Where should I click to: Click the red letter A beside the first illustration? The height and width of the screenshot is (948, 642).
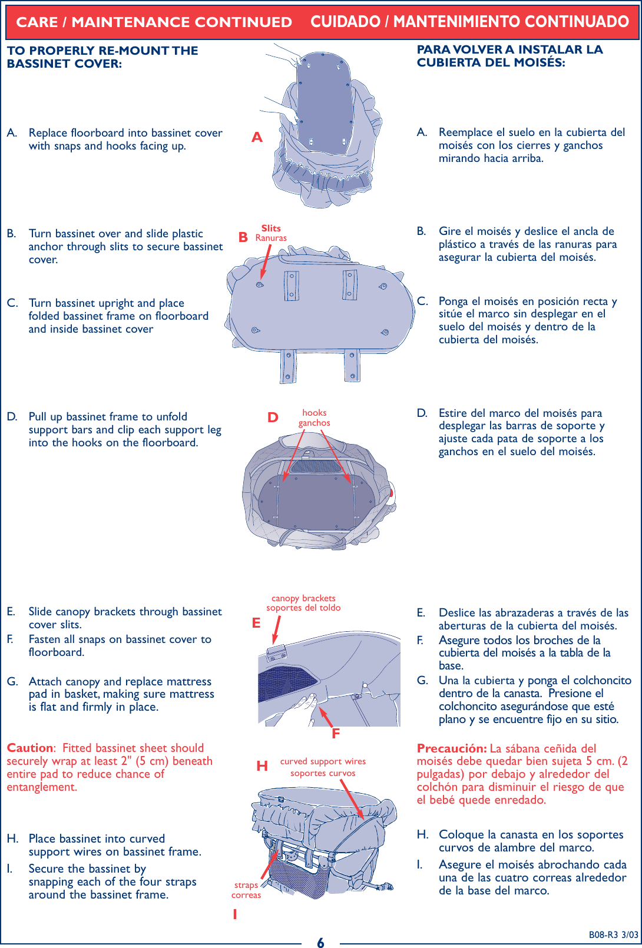click(x=257, y=137)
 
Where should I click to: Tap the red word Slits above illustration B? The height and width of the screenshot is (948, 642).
click(x=271, y=228)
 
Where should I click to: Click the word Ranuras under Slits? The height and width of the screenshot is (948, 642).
click(x=271, y=238)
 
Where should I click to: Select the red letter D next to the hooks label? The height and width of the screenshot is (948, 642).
click(x=273, y=417)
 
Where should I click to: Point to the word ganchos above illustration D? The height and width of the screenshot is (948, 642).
click(x=314, y=423)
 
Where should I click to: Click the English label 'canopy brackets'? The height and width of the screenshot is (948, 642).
click(x=303, y=598)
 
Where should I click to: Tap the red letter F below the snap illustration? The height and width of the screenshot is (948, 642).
click(x=336, y=734)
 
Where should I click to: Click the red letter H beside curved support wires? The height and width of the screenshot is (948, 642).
click(x=262, y=766)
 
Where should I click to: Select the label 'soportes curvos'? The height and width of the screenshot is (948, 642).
click(x=323, y=773)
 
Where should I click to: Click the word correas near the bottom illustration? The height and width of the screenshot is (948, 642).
click(x=246, y=895)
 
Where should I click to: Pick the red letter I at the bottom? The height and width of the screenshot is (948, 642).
click(x=235, y=914)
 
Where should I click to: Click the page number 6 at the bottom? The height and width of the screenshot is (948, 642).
click(x=320, y=943)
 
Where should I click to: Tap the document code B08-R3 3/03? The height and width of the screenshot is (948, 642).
click(x=613, y=934)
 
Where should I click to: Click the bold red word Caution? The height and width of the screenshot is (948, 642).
click(x=29, y=748)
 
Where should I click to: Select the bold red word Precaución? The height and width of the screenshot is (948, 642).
click(x=451, y=748)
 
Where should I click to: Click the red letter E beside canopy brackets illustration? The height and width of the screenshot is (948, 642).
click(x=256, y=623)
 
